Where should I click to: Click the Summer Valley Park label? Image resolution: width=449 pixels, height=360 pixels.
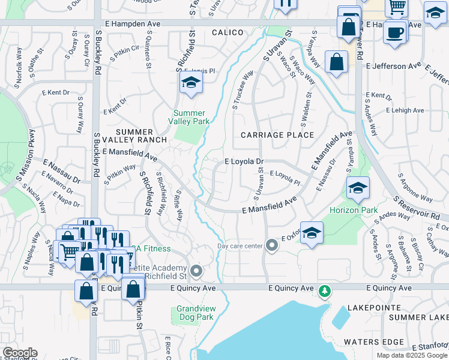(190, 117)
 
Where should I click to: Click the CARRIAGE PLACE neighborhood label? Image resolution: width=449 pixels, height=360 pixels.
(277, 135)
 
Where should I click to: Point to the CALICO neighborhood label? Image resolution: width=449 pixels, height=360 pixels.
(228, 32)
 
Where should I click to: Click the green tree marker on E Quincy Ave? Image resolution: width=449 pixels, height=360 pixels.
(325, 290)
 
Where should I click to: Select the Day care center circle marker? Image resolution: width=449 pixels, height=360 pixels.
(272, 245)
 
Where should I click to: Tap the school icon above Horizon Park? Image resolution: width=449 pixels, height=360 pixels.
(358, 188)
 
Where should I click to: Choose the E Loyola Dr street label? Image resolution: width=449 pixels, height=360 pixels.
(244, 161)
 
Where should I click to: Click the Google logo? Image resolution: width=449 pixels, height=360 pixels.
(20, 353)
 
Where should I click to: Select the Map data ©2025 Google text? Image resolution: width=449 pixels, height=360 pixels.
(411, 355)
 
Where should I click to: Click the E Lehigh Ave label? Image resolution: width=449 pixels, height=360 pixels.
(405, 110)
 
